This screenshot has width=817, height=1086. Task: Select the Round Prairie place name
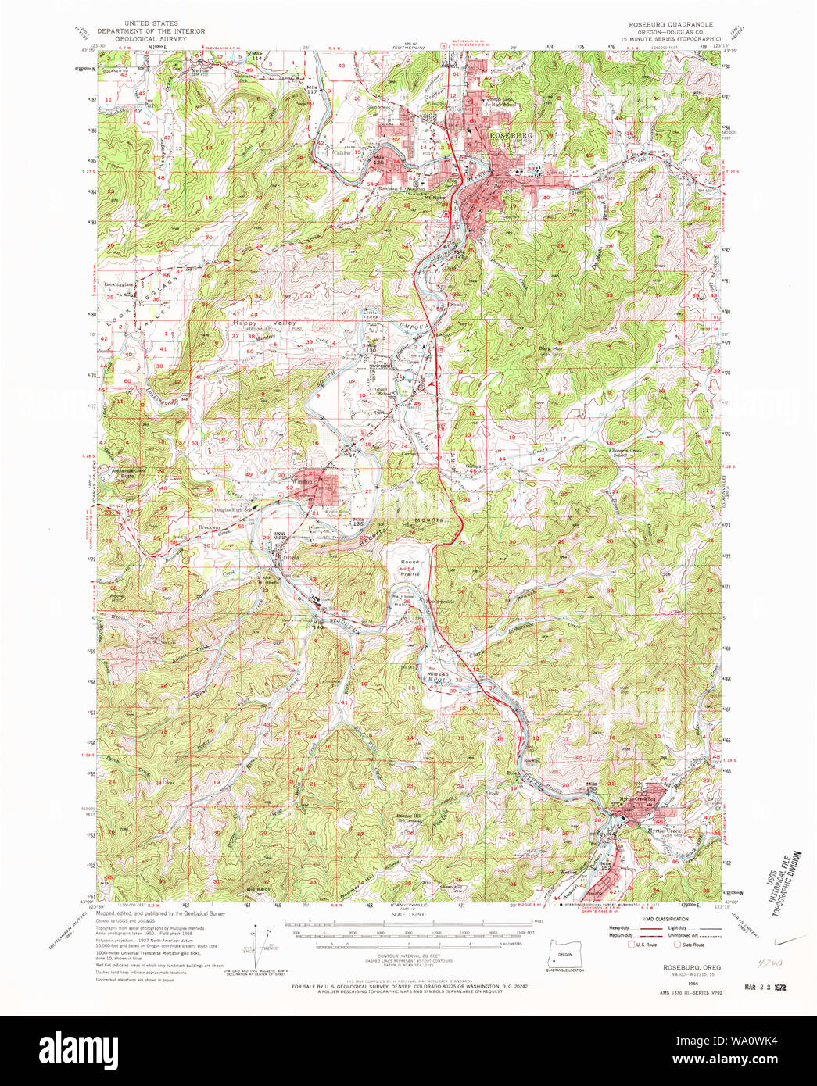tap(410, 567)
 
